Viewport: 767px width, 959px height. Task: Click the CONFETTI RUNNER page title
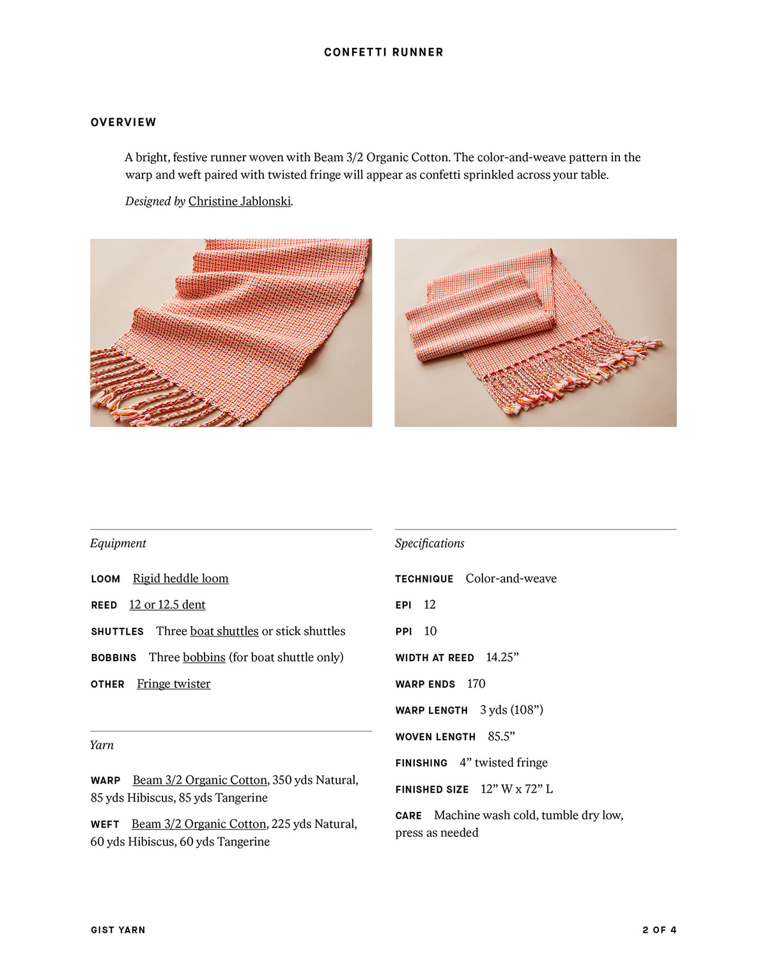(383, 52)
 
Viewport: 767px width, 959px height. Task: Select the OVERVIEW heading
(123, 122)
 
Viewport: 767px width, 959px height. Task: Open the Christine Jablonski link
(240, 201)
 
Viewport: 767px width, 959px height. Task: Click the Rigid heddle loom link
(180, 579)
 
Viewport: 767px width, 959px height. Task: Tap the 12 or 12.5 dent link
(167, 605)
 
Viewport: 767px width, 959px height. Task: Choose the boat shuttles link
(224, 631)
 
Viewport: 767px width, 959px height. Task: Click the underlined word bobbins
(204, 657)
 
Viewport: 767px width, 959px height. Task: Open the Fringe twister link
(173, 684)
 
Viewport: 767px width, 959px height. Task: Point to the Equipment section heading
(118, 543)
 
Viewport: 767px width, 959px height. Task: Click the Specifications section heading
(430, 543)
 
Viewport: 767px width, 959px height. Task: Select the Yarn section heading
(102, 745)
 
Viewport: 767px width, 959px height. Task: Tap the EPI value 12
(430, 605)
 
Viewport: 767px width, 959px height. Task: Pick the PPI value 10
(430, 631)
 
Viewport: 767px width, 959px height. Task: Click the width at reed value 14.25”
(502, 657)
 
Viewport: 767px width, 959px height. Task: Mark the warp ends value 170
(476, 684)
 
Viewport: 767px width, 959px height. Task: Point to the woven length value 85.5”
(501, 737)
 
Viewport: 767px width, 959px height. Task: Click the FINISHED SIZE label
(432, 790)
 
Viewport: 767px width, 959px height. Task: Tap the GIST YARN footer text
(118, 930)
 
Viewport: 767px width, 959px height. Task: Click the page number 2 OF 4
(659, 930)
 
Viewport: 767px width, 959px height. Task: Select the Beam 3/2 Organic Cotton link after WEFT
(198, 824)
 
